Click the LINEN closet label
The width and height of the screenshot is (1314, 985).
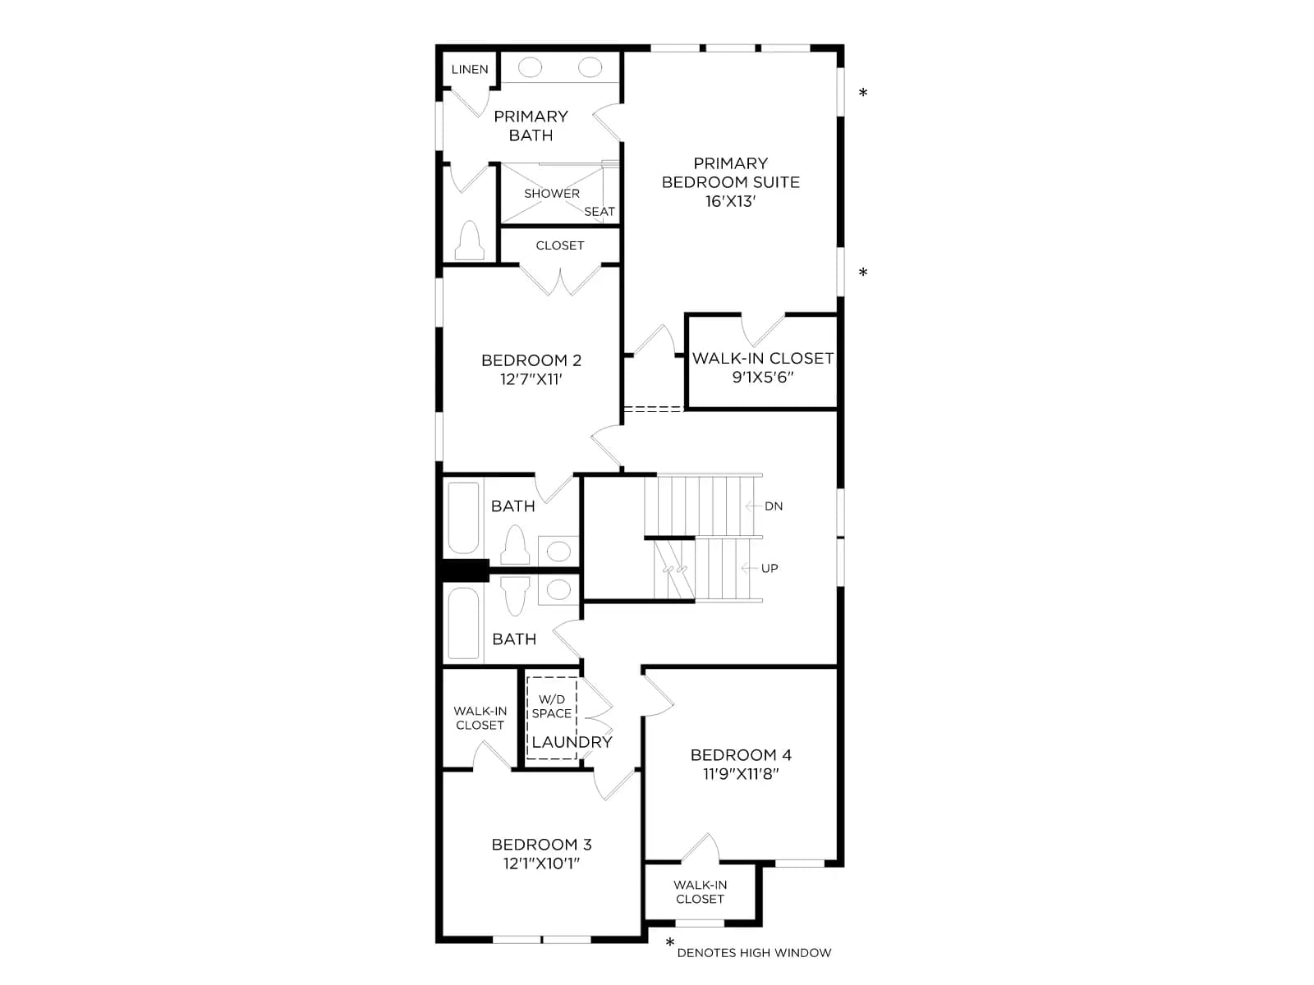click(469, 70)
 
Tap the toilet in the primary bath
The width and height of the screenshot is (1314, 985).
click(469, 241)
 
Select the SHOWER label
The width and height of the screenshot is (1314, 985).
click(551, 194)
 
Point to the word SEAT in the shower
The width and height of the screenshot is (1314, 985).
click(600, 212)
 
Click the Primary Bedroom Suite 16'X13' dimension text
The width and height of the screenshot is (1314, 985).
click(730, 202)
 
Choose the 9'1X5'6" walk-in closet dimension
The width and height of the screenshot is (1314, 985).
click(763, 378)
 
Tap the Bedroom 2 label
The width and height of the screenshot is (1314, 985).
click(531, 360)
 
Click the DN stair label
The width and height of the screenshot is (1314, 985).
click(774, 506)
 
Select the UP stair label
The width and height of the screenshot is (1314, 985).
click(770, 569)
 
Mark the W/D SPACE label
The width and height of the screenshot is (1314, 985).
click(551, 706)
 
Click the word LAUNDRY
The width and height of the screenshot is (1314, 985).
click(572, 742)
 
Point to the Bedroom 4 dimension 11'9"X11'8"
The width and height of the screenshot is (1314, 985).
click(741, 774)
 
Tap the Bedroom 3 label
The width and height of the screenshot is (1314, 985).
click(541, 845)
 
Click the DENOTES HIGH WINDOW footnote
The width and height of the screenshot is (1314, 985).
click(754, 953)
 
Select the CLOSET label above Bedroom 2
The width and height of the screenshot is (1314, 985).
click(560, 245)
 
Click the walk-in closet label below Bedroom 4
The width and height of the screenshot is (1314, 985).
click(700, 891)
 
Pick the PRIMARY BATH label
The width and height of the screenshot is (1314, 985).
click(531, 126)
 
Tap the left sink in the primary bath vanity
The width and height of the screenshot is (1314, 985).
click(530, 67)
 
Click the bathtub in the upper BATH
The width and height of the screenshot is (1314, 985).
click(463, 518)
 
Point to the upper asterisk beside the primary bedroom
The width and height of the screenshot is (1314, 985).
click(862, 92)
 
